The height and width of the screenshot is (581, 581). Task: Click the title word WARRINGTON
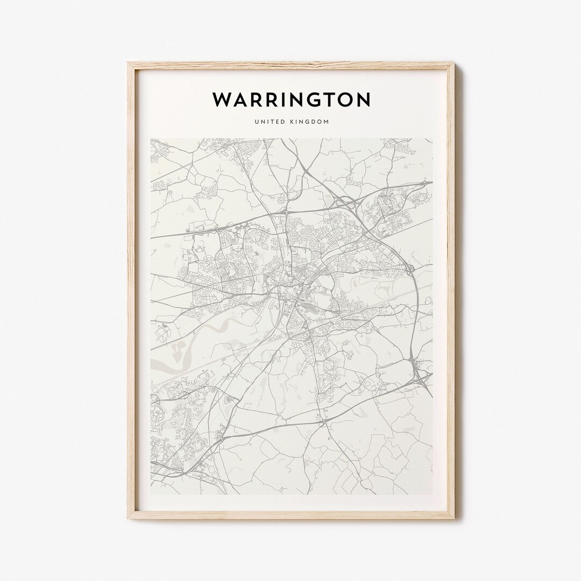(291, 100)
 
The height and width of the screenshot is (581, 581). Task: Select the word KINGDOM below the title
(309, 122)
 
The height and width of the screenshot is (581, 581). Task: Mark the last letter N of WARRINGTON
(363, 100)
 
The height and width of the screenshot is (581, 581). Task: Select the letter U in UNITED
(257, 122)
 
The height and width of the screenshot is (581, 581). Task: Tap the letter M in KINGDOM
(326, 122)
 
